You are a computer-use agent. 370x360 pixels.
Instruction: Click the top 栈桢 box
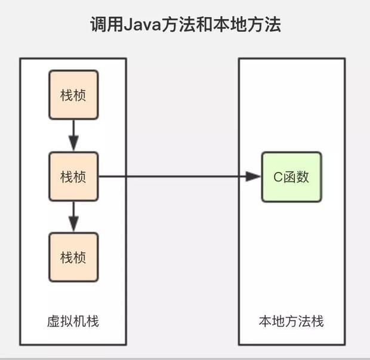(x=73, y=96)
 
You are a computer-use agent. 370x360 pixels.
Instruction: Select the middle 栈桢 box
(x=73, y=176)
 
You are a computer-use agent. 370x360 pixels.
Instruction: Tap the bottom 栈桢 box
(x=73, y=257)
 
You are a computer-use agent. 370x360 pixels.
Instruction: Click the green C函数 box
(x=291, y=176)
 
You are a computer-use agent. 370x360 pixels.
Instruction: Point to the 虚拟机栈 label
(x=73, y=321)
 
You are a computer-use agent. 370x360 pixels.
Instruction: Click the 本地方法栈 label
(x=291, y=321)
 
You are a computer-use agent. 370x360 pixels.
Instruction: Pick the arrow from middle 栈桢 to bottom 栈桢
(x=73, y=216)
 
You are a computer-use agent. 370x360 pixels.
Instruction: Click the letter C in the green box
(x=277, y=177)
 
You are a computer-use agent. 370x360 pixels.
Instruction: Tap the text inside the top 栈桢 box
(x=73, y=96)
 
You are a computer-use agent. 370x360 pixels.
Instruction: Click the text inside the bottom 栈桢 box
(x=73, y=257)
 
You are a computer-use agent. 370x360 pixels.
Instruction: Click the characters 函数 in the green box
(x=296, y=177)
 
